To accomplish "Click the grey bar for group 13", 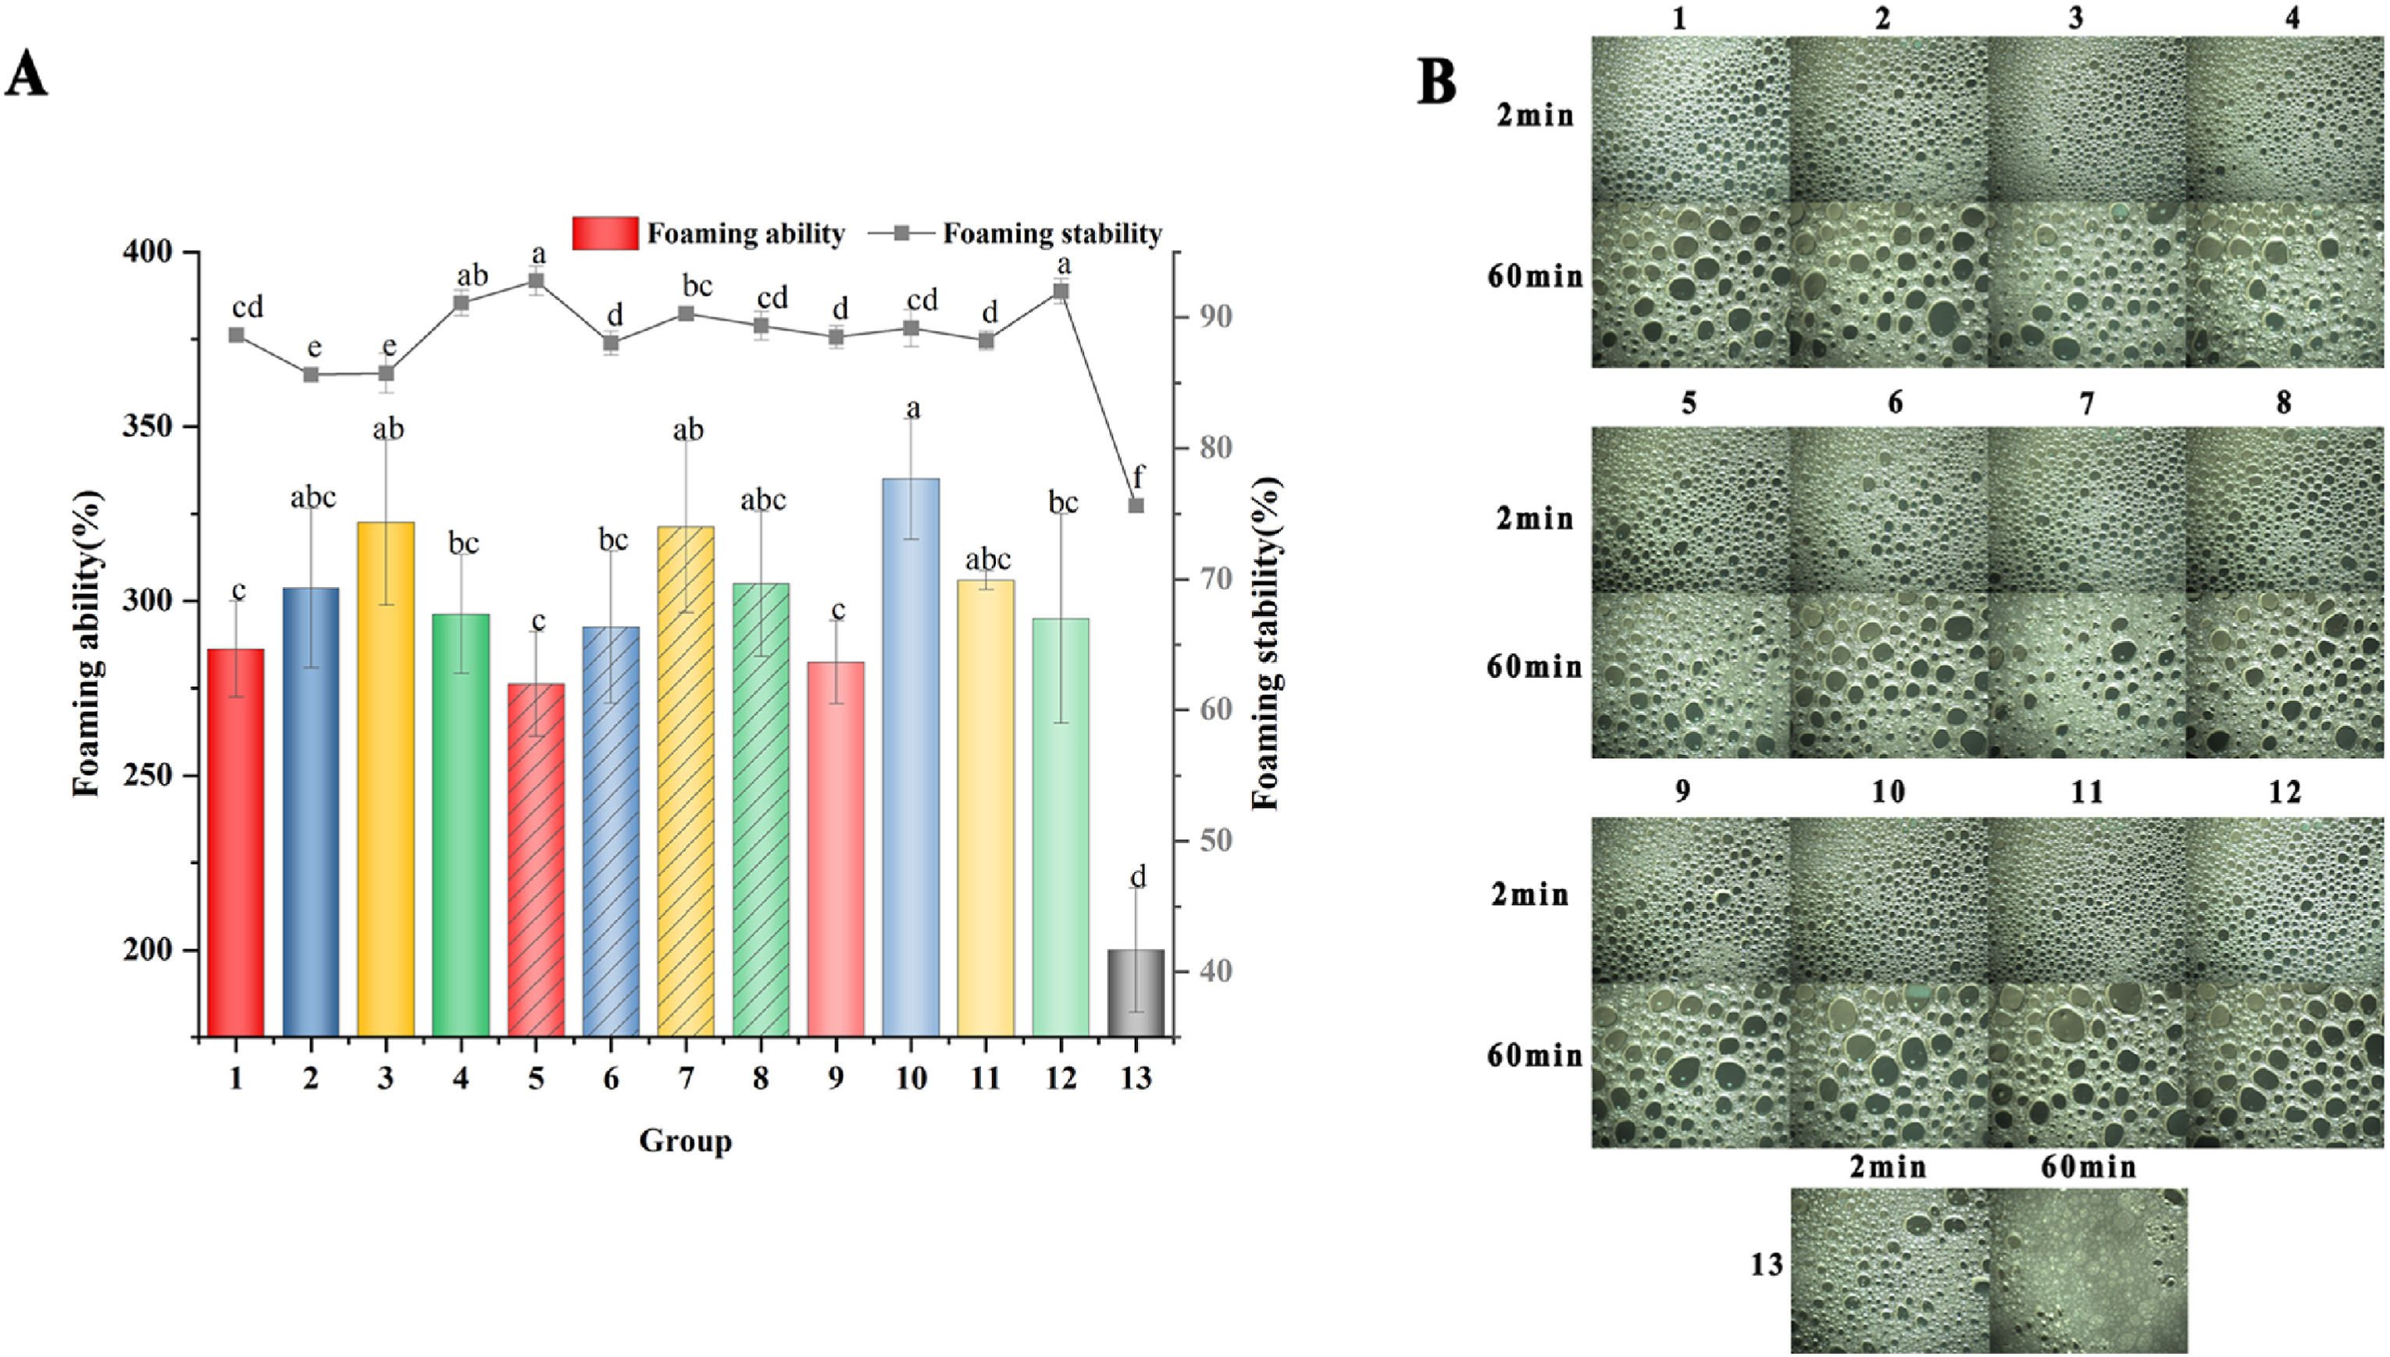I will click(x=1136, y=992).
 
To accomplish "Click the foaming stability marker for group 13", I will click(x=1136, y=505).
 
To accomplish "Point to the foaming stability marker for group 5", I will click(x=536, y=280).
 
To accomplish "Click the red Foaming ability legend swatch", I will click(x=606, y=233).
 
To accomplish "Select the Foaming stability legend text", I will click(x=1051, y=233).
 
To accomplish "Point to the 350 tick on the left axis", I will click(x=149, y=427).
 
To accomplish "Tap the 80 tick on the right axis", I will click(x=1215, y=447).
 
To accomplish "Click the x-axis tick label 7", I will click(x=686, y=1078).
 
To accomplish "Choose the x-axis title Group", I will click(x=685, y=1141).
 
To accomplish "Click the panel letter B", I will click(x=1436, y=82).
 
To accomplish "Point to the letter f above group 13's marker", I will click(x=1138, y=476).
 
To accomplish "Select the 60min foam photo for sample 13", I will click(x=2087, y=1270).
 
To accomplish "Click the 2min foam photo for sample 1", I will click(x=1690, y=119).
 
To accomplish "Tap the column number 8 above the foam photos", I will click(x=2283, y=403).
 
